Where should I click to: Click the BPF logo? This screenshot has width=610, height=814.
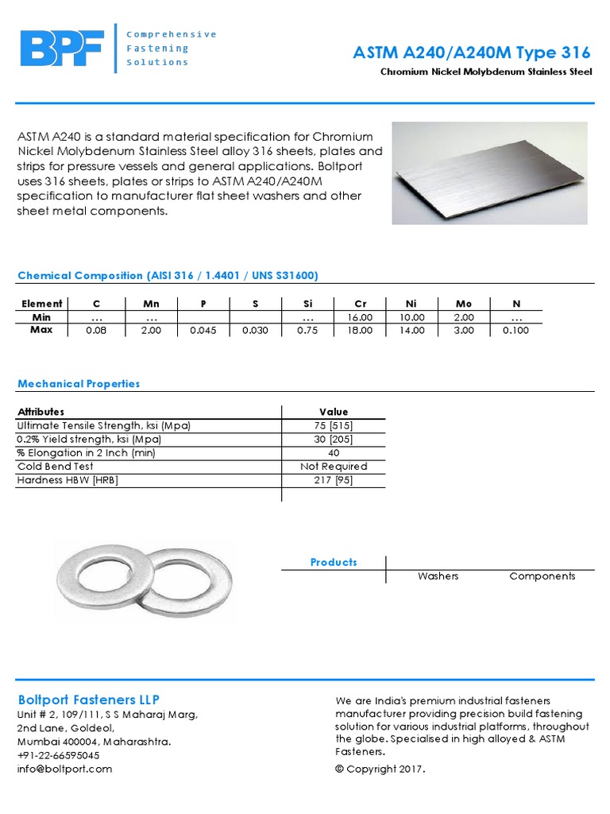[x=62, y=48]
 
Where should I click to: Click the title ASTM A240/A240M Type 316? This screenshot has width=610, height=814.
[x=471, y=53]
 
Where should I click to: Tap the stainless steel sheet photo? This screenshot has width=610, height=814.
[x=489, y=173]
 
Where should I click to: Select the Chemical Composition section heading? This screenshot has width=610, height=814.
[x=168, y=276]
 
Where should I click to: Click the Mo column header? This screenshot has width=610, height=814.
[x=464, y=303]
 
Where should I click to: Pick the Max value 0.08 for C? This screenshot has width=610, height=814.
[x=95, y=331]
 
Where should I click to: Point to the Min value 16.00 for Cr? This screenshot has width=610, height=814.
[x=360, y=317]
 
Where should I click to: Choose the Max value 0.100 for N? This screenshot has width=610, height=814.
[x=515, y=331]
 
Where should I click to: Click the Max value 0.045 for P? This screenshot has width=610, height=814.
[x=203, y=331]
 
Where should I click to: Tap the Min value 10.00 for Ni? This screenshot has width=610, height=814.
[x=412, y=317]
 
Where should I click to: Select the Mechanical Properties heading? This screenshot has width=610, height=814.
[x=79, y=384]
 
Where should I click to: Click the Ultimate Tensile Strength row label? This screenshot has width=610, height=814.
[x=104, y=425]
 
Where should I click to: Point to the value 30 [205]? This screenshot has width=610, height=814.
[x=334, y=439]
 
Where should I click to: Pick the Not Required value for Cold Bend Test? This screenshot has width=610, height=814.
[x=334, y=467]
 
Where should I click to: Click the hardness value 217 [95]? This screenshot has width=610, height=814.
[x=334, y=480]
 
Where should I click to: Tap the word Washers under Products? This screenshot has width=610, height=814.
[x=438, y=576]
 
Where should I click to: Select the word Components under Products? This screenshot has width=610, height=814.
[x=542, y=576]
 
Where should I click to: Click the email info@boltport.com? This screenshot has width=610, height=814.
[x=65, y=769]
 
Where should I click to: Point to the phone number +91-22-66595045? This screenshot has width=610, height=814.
[x=59, y=755]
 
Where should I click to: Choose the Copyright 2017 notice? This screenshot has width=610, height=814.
[x=380, y=769]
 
